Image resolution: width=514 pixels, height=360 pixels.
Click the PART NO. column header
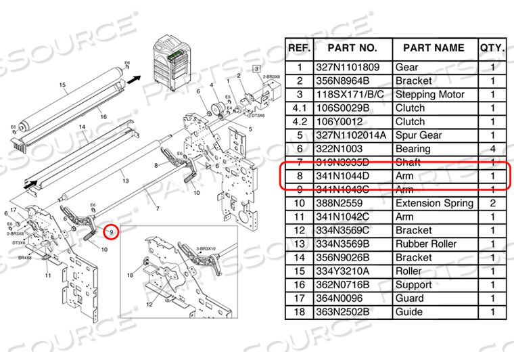(x=352, y=48)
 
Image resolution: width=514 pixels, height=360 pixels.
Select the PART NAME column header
(x=433, y=48)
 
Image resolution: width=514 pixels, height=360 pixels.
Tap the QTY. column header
(x=492, y=48)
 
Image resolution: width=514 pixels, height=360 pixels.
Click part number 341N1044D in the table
(x=352, y=176)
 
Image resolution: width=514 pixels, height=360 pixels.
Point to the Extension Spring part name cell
(x=434, y=203)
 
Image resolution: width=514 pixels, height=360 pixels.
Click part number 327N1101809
(x=352, y=67)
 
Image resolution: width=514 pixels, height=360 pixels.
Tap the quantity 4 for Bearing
(x=492, y=148)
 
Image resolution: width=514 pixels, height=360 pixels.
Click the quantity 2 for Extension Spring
(x=492, y=203)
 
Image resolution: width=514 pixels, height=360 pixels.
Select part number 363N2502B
(x=352, y=312)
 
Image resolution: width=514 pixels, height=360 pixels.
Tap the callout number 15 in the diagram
(x=62, y=85)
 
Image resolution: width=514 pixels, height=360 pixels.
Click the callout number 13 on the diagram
(x=124, y=181)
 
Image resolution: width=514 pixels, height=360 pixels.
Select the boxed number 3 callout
(x=256, y=68)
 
